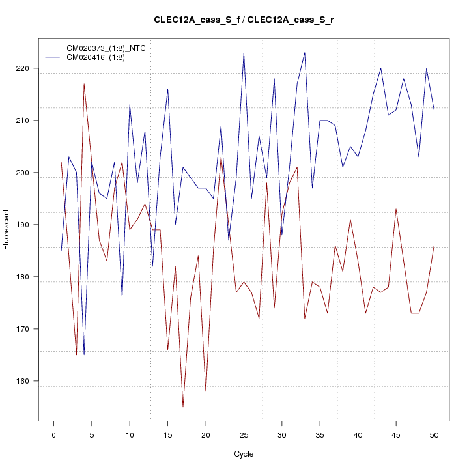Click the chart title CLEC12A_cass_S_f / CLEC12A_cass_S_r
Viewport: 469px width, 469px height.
(244, 20)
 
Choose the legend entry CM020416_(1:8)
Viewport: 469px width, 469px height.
(91, 57)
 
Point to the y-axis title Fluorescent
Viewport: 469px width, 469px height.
(7, 229)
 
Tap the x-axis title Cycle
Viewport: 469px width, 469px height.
(244, 454)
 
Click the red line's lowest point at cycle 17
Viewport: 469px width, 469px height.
(183, 407)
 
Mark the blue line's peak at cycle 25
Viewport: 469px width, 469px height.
(244, 53)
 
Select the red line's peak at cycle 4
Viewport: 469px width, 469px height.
(84, 84)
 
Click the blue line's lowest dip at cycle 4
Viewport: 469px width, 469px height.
(84, 355)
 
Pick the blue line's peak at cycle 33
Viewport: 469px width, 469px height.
(305, 53)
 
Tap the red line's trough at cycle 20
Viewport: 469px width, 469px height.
(206, 391)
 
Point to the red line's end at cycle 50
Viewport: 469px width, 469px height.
(434, 246)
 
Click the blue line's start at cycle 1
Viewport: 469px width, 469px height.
(61, 251)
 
